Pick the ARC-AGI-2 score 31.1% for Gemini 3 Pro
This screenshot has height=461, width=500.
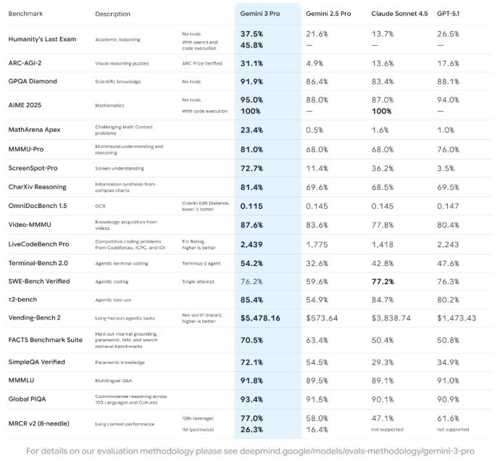[251, 62]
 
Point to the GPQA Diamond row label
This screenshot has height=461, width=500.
[33, 81]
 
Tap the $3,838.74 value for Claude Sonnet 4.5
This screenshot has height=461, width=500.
[391, 317]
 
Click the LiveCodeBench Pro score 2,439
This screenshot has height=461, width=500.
[251, 244]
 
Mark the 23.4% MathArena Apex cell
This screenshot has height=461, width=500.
[251, 129]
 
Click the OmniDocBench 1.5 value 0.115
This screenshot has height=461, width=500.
[251, 206]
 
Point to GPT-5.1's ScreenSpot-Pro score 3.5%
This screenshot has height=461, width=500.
[446, 167]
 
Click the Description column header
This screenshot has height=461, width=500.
[112, 14]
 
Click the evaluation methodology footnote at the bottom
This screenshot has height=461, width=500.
[250, 450]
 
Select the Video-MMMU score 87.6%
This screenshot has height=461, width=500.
[251, 225]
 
